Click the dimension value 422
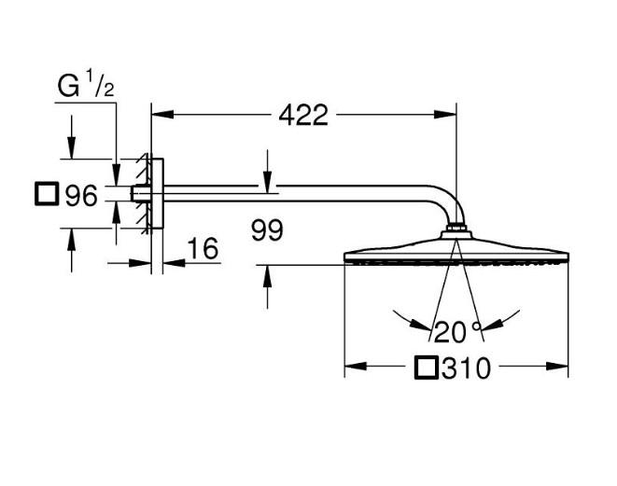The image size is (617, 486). point(303,115)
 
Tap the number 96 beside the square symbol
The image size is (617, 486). point(80,196)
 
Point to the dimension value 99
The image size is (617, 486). point(266,230)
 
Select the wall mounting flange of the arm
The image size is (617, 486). point(156,193)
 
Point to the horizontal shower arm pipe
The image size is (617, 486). point(299,193)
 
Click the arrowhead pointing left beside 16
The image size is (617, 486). point(171,262)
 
